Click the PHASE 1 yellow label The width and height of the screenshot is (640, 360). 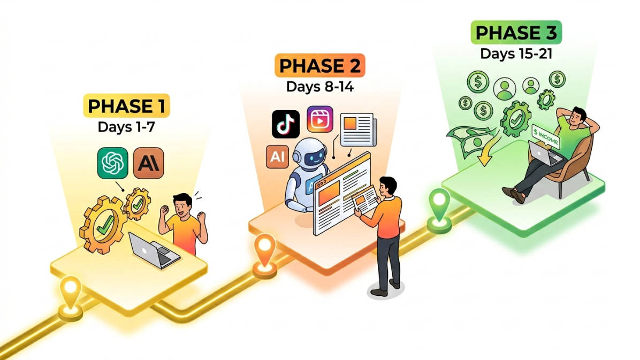[126, 106]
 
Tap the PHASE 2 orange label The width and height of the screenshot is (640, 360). [320, 65]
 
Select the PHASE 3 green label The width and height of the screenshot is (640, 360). [516, 32]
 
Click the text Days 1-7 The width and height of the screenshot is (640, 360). [126, 127]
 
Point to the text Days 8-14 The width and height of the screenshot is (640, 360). [320, 87]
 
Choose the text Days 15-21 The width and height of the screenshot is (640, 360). [516, 53]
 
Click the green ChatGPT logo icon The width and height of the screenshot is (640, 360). [113, 163]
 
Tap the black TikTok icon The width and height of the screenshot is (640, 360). [286, 124]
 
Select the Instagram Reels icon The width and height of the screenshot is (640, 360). [320, 119]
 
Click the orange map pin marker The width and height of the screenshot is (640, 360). [265, 251]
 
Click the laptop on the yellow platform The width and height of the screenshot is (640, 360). [154, 250]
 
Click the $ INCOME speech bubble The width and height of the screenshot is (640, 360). [546, 137]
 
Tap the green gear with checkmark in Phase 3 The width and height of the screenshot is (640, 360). [516, 119]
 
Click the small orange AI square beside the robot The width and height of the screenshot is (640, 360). [278, 157]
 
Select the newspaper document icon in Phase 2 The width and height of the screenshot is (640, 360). [358, 130]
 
